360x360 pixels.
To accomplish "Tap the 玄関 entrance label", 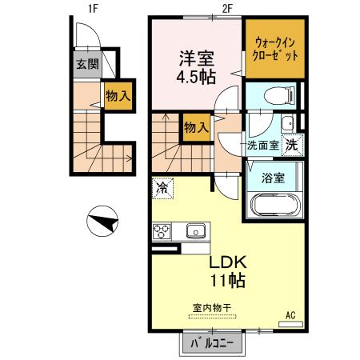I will tap(87, 65).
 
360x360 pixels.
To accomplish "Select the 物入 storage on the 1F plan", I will tap(117, 96).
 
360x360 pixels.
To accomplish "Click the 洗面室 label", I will tap(262, 146).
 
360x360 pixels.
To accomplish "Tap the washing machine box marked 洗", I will tap(294, 146).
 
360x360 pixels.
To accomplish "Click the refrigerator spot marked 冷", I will tap(162, 189).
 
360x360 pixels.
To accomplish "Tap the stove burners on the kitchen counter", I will tap(161, 232).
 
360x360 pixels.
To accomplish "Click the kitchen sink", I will tap(195, 231).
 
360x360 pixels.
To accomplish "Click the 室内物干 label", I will tap(210, 307).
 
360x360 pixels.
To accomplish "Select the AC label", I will tap(290, 315).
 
